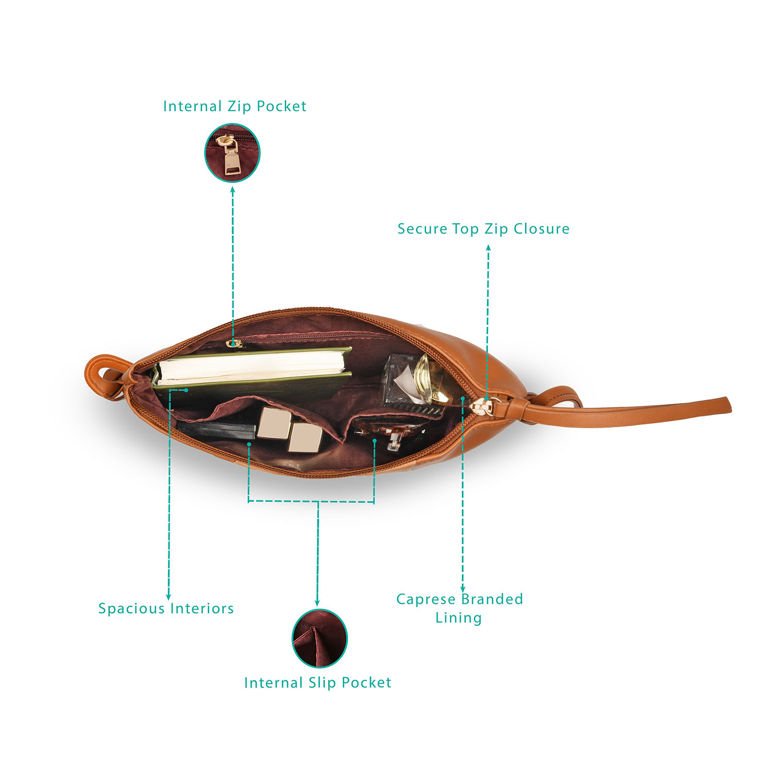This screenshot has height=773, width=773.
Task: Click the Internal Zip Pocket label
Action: (234, 106)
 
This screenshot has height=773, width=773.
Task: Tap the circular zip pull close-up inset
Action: (232, 153)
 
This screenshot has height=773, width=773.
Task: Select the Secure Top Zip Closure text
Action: (483, 229)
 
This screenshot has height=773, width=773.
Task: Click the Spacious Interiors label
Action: (166, 609)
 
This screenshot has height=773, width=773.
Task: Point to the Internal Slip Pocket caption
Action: (317, 683)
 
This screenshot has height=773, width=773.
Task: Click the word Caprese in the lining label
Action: (426, 599)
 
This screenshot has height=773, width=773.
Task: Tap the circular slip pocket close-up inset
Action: (320, 638)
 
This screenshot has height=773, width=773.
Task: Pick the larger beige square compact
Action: (275, 423)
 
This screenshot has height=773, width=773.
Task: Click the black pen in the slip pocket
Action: (216, 429)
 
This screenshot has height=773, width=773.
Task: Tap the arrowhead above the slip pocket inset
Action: (317, 602)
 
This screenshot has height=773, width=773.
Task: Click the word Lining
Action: (458, 618)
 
